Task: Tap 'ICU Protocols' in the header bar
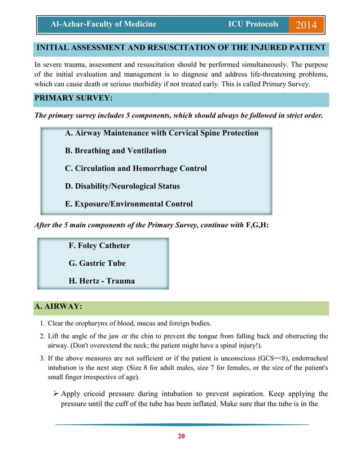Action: pyautogui.click(x=253, y=24)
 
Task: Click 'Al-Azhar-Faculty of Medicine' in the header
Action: pyautogui.click(x=103, y=24)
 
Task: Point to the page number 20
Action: pyautogui.click(x=181, y=436)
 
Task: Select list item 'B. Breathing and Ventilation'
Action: pyautogui.click(x=116, y=151)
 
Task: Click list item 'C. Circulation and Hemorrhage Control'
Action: pyautogui.click(x=136, y=168)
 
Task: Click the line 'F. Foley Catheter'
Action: pyautogui.click(x=99, y=245)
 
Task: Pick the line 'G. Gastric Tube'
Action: pyautogui.click(x=96, y=263)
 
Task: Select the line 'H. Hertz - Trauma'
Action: pyautogui.click(x=101, y=280)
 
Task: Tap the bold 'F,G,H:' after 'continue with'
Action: pyautogui.click(x=257, y=225)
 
